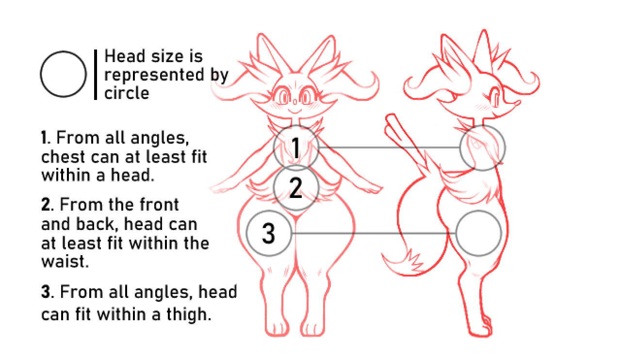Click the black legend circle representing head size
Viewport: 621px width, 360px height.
tap(40, 74)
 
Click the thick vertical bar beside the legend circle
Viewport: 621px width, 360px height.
tap(96, 74)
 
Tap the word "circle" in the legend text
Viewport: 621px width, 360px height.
tap(127, 93)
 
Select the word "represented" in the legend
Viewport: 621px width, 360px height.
tap(154, 75)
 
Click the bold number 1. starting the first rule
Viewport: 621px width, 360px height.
tap(46, 138)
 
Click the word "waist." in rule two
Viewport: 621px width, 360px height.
tap(65, 261)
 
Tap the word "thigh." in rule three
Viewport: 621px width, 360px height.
tap(189, 314)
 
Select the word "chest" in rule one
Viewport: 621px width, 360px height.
tap(63, 157)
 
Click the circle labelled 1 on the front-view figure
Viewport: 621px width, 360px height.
tap(274, 147)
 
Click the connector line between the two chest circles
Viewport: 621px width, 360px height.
tap(389, 147)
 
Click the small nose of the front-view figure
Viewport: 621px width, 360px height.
tap(295, 102)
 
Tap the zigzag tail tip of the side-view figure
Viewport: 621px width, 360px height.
tap(402, 262)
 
